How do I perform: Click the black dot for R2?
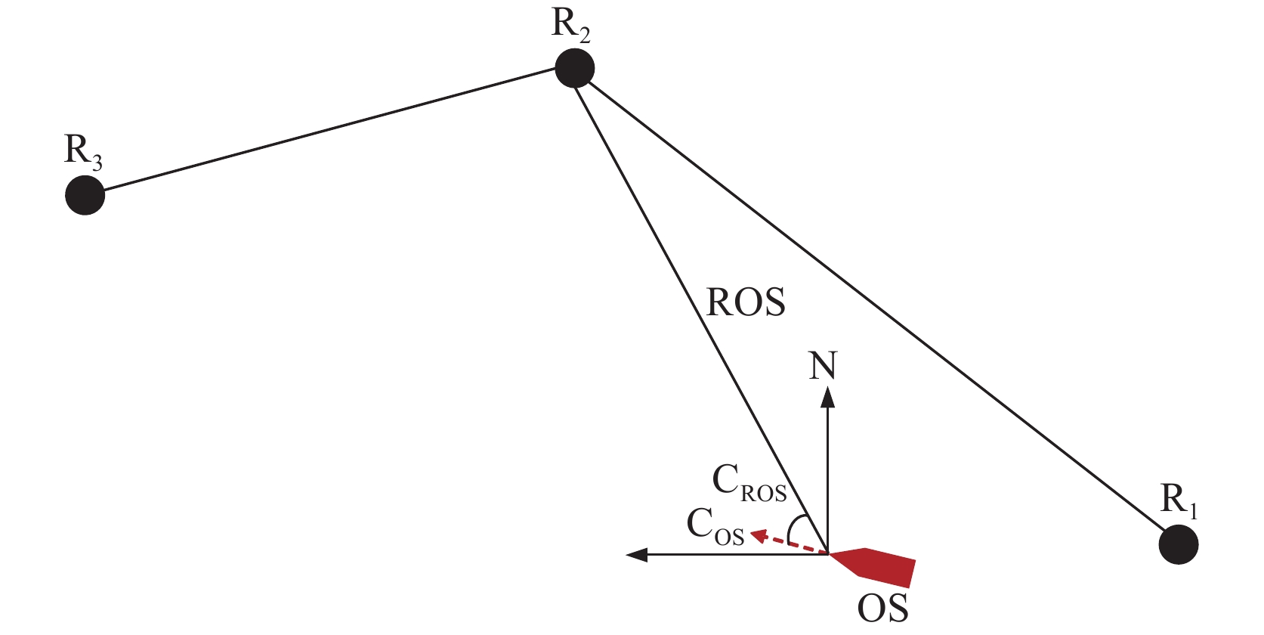tap(574, 69)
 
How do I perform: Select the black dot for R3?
tap(85, 195)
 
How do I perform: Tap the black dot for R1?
tap(1178, 544)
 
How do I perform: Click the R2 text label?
tap(570, 25)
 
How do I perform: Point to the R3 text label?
tap(83, 151)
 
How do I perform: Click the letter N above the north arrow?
tap(824, 366)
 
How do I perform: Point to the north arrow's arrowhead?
tap(828, 396)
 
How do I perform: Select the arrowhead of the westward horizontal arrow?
tap(637, 555)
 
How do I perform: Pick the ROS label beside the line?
tap(746, 302)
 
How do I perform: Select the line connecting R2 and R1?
tap(876, 307)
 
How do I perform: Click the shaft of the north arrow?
tap(828, 476)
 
